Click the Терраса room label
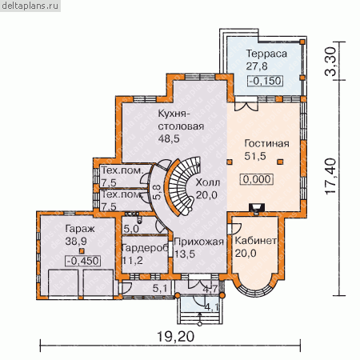pyautogui.click(x=266, y=54)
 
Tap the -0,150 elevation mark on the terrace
pyautogui.click(x=266, y=81)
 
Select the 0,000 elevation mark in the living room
pyautogui.click(x=257, y=179)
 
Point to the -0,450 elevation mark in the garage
pyautogui.click(x=83, y=261)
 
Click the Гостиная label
pyautogui.click(x=266, y=144)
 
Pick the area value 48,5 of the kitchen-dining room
pyautogui.click(x=169, y=138)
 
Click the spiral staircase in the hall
pyautogui.click(x=182, y=186)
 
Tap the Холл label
pyautogui.click(x=208, y=182)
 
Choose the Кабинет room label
pyautogui.click(x=255, y=241)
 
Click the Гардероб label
pyautogui.click(x=145, y=248)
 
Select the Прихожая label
pyautogui.click(x=198, y=242)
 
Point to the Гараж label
pyautogui.click(x=80, y=229)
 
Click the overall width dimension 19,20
pyautogui.click(x=175, y=337)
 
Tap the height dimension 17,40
pyautogui.click(x=330, y=176)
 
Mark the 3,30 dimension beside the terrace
pyautogui.click(x=330, y=62)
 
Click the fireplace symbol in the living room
pyautogui.click(x=257, y=208)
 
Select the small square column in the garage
pyautogui.click(x=82, y=251)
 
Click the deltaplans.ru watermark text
pyautogui.click(x=30, y=6)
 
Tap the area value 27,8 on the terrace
pyautogui.click(x=257, y=66)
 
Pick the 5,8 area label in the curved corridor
pyautogui.click(x=157, y=192)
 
